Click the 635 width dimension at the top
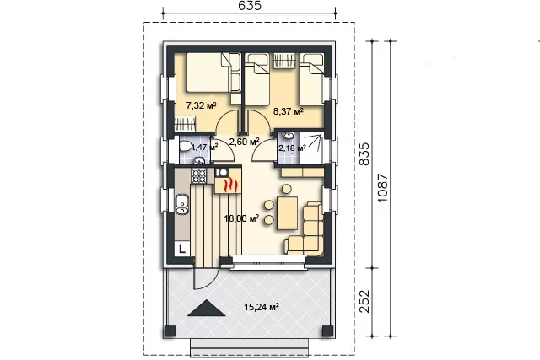coord(249,6)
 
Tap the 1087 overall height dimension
coord(382,188)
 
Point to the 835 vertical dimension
coord(364,153)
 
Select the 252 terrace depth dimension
coord(364,301)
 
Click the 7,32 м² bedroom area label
coord(201,105)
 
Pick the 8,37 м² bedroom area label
coord(289,111)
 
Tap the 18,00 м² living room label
coord(241,218)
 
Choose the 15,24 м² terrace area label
coord(262,306)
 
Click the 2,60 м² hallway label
coord(244,141)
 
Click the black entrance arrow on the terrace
coord(207,308)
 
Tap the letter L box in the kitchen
coord(182,248)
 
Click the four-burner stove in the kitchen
coord(199,175)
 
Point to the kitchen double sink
coord(182,204)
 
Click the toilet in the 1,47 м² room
coord(185,146)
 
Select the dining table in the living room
coord(287,213)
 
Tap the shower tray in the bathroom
coord(311,148)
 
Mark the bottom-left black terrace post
coord(170,331)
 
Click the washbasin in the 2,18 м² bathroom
coord(288,136)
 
